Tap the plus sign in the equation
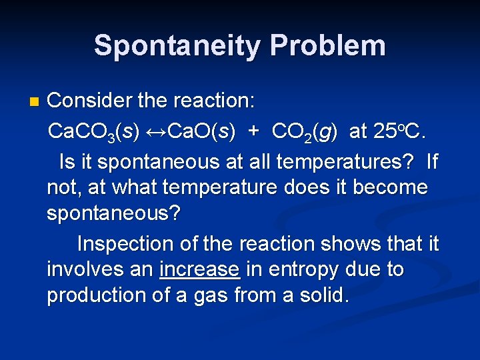click(x=253, y=132)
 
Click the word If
click(x=432, y=162)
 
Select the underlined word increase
click(x=199, y=269)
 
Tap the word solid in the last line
click(x=322, y=295)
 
